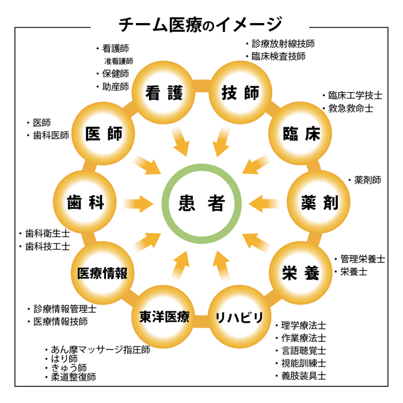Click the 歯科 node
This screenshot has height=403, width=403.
[85, 202]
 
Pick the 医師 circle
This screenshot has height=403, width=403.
[104, 134]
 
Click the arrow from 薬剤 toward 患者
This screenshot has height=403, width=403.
[265, 203]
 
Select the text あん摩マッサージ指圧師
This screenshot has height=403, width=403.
[100, 349]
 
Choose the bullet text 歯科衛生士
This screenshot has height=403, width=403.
[48, 234]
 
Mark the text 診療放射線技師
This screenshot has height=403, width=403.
[283, 43]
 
